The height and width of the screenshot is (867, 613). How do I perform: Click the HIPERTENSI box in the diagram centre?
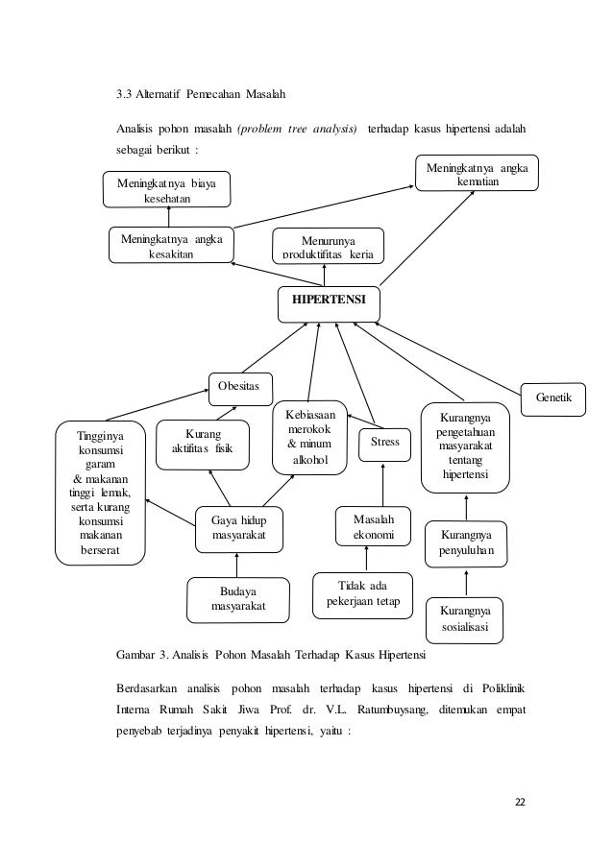pyautogui.click(x=329, y=304)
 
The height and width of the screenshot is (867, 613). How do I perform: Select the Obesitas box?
pyautogui.click(x=240, y=389)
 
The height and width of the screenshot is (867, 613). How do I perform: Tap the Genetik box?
pyautogui.click(x=552, y=399)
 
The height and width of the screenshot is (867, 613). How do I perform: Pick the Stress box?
pyautogui.click(x=384, y=445)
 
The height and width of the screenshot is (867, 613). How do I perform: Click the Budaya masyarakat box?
pyautogui.click(x=238, y=600)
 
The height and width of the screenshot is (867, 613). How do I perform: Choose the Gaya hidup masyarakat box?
pyautogui.click(x=239, y=530)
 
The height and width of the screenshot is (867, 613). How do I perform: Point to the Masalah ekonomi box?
pyautogui.click(x=374, y=526)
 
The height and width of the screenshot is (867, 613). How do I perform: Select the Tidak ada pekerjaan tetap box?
pyautogui.click(x=362, y=595)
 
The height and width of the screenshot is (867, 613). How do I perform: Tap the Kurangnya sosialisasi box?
pyautogui.click(x=465, y=620)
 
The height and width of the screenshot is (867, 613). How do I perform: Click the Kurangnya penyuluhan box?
pyautogui.click(x=466, y=544)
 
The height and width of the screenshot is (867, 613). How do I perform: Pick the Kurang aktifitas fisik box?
pyautogui.click(x=203, y=445)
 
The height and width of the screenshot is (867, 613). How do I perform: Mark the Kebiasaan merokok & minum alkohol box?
pyautogui.click(x=309, y=438)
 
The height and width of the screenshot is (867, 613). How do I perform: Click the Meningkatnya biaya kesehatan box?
pyautogui.click(x=166, y=190)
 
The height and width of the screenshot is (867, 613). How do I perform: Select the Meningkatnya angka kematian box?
pyautogui.click(x=477, y=173)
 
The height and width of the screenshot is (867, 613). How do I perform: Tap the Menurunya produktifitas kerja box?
pyautogui.click(x=329, y=246)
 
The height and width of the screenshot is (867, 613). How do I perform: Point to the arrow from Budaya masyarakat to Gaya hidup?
pyautogui.click(x=236, y=566)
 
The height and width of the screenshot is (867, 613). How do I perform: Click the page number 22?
pyautogui.click(x=520, y=802)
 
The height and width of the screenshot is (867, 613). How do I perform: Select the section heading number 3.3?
pyautogui.click(x=123, y=94)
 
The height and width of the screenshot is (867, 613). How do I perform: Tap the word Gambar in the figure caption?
pyautogui.click(x=135, y=655)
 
